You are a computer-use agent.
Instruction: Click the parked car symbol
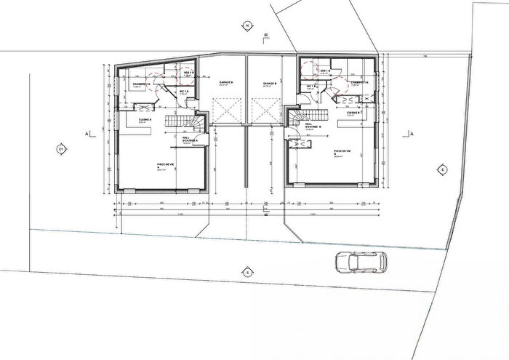click(361, 261)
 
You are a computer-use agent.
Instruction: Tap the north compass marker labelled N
click(247, 25)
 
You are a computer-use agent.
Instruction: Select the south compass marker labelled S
click(247, 273)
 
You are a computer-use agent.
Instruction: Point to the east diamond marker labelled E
click(441, 169)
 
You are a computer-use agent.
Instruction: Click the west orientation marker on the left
click(60, 151)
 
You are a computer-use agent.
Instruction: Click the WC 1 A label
click(184, 92)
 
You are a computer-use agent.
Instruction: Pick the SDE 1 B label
click(324, 72)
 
